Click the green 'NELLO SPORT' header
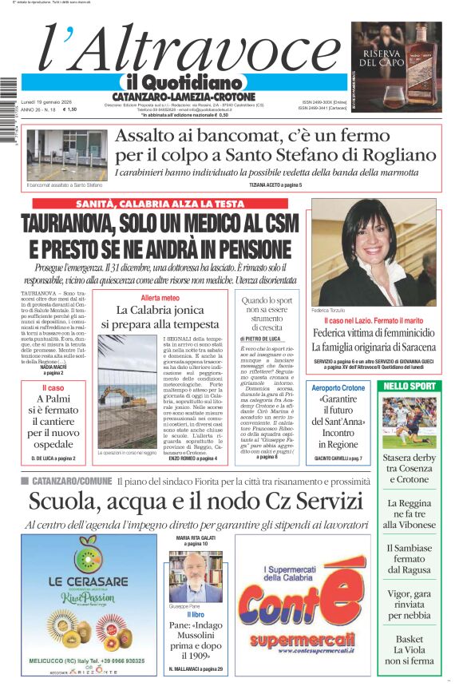(409, 387)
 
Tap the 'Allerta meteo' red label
(156, 298)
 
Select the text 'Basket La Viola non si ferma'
(409, 650)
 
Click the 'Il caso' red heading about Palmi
(53, 388)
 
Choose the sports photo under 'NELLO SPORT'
(409, 422)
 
